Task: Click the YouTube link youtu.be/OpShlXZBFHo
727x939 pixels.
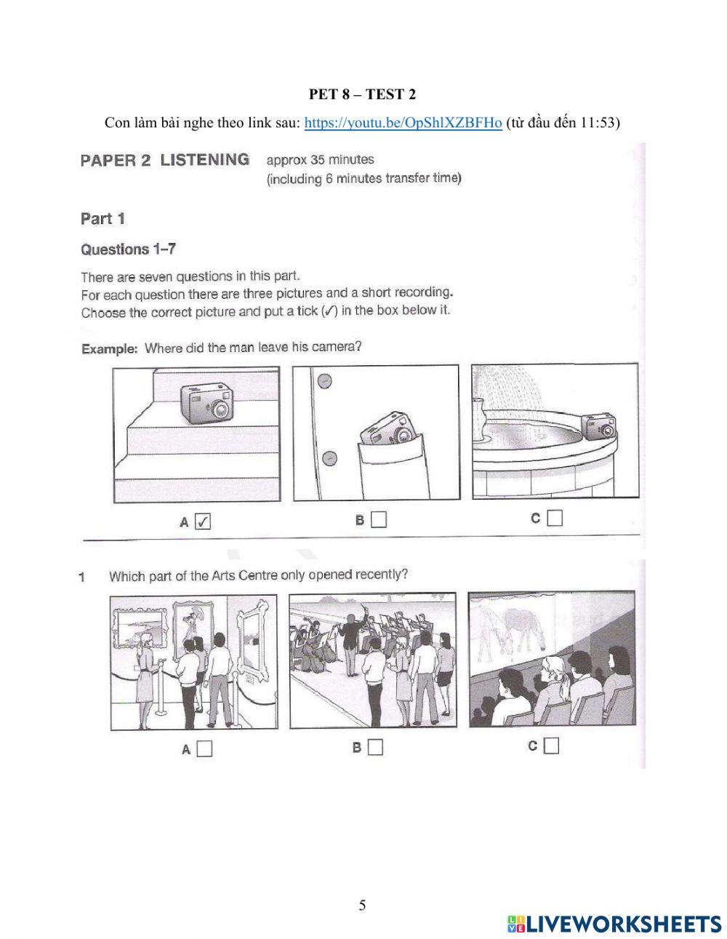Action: coord(403,123)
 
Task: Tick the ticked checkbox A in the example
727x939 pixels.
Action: coord(204,522)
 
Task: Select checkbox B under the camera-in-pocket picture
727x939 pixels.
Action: coord(379,520)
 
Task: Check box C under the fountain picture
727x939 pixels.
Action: coord(555,519)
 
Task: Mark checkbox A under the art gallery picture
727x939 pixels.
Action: coord(204,748)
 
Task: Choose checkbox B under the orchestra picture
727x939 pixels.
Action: coord(375,747)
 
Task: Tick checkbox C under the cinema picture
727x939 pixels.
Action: coord(552,746)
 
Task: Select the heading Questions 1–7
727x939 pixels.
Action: coord(128,249)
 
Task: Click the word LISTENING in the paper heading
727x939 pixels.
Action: coord(204,160)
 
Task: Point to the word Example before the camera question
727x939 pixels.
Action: coord(109,349)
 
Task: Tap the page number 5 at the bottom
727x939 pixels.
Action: coord(362,905)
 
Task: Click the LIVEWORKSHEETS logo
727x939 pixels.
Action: coord(614,924)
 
